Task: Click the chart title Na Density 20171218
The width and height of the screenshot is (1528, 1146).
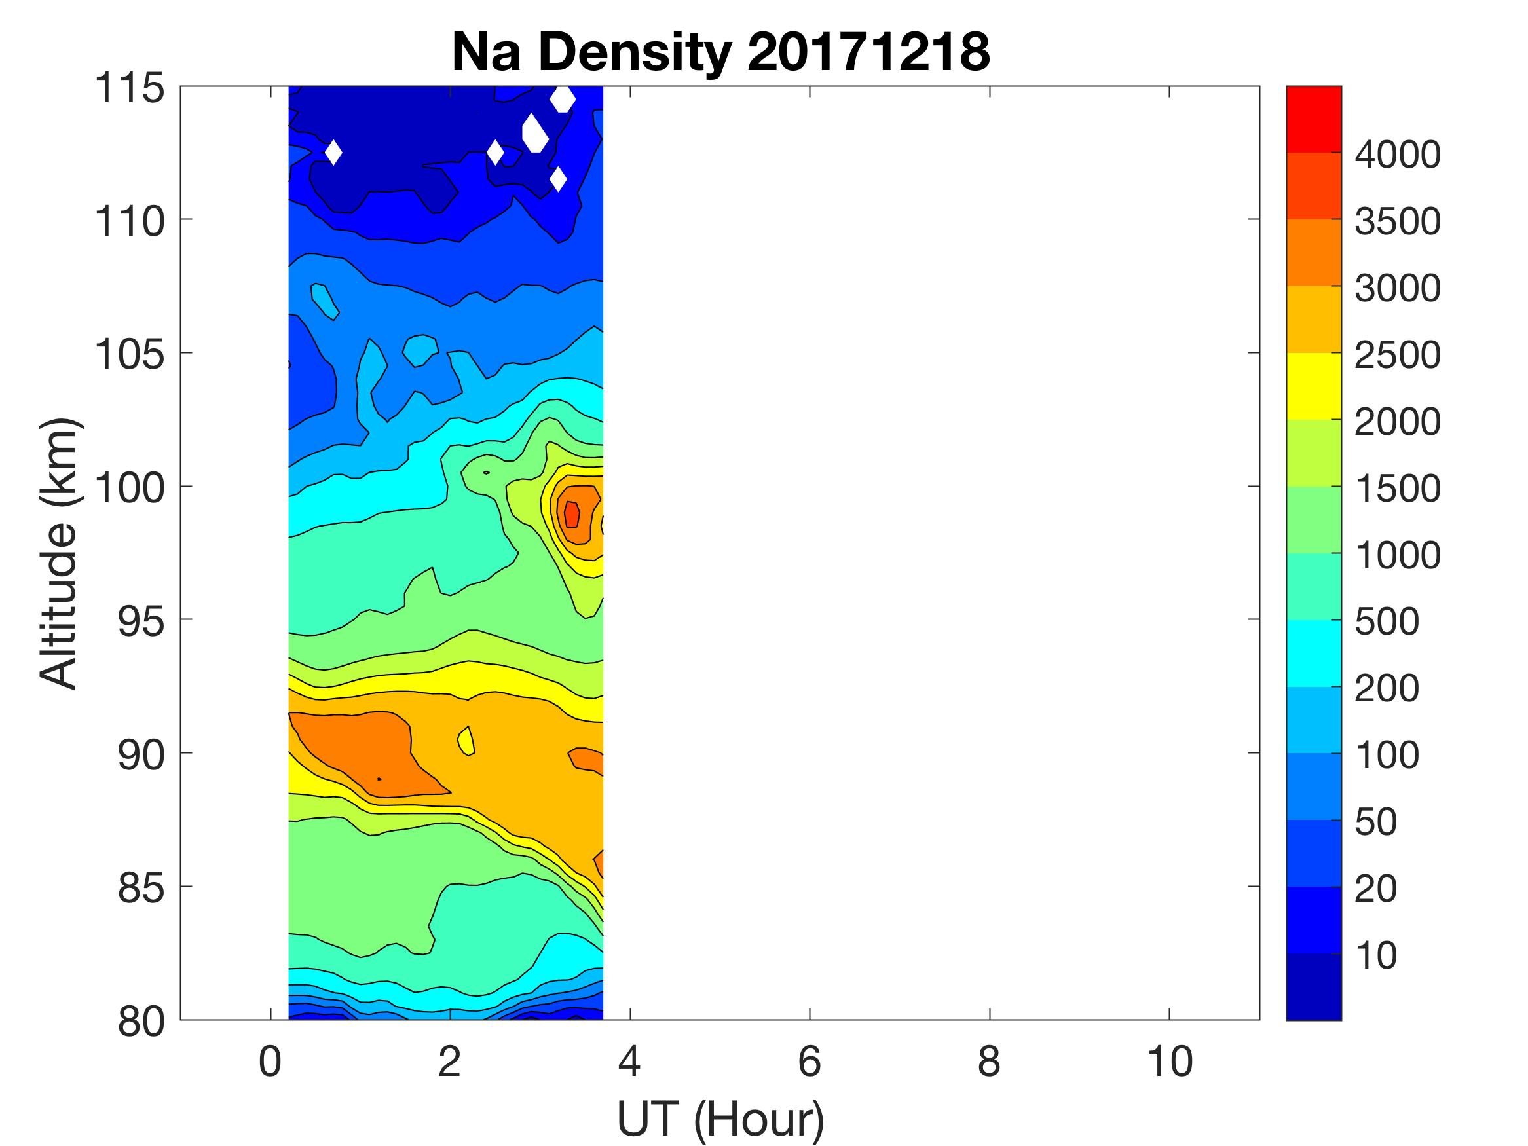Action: (x=720, y=52)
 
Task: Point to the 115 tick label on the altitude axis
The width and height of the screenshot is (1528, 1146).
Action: (x=130, y=88)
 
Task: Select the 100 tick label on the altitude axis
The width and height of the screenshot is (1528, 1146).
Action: (x=130, y=489)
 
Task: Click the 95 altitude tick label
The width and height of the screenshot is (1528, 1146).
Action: (x=141, y=621)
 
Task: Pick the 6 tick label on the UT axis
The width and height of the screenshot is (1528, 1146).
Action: (x=810, y=1062)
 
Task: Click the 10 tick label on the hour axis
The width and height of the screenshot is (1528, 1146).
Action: (x=1170, y=1062)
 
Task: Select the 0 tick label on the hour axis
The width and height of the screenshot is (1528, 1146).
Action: (x=270, y=1062)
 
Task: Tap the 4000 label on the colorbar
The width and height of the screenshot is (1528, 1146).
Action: (x=1398, y=155)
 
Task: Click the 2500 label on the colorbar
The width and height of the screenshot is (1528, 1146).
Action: (x=1398, y=355)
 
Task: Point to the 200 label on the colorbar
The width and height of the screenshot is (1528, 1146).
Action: (x=1387, y=688)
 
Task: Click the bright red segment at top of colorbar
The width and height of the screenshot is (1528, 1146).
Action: (x=1314, y=119)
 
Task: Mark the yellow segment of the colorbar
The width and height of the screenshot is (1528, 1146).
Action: (x=1314, y=386)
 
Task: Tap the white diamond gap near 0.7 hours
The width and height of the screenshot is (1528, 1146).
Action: (x=333, y=153)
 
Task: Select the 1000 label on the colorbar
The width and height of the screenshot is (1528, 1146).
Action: (x=1398, y=555)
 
